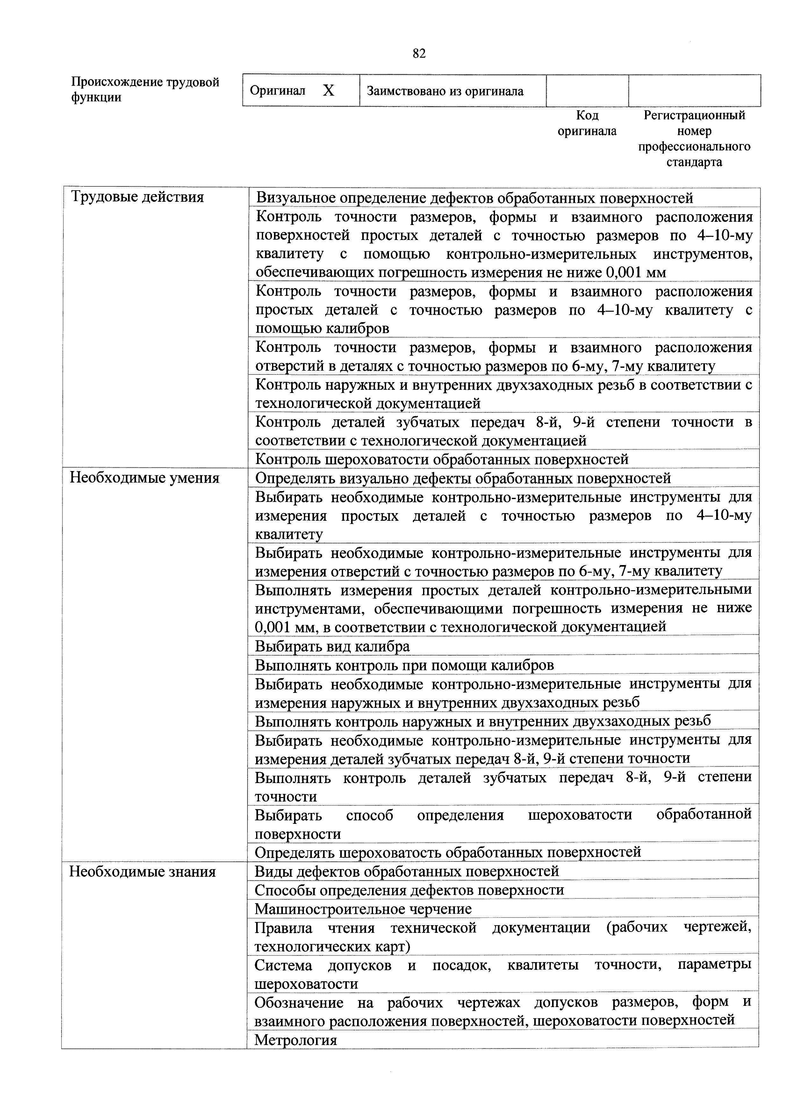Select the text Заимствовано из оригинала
445,91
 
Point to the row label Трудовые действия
137,197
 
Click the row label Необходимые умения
145,478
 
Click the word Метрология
296,1040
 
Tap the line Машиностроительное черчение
363,909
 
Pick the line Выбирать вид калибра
333,646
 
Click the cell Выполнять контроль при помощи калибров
405,665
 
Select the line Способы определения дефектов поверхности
409,890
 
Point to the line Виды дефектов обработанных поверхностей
407,871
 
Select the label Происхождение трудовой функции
145,90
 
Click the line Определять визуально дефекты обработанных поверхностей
463,478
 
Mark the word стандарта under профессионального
694,162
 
